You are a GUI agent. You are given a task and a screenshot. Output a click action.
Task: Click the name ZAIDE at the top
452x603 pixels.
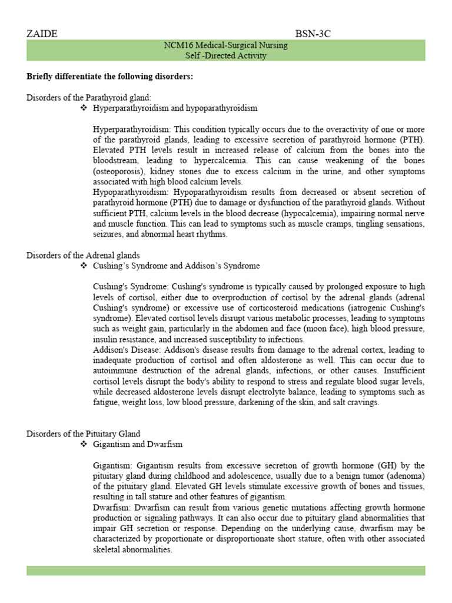point(42,34)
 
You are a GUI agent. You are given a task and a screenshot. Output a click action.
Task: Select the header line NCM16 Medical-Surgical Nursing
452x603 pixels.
point(225,45)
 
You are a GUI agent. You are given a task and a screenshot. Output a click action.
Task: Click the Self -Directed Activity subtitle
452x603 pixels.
point(225,56)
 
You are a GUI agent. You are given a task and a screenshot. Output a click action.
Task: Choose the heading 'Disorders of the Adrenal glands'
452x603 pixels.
point(83,255)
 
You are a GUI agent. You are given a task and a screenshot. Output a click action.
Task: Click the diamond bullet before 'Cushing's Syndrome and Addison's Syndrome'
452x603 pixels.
point(84,266)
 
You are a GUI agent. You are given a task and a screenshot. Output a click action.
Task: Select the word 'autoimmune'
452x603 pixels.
point(114,371)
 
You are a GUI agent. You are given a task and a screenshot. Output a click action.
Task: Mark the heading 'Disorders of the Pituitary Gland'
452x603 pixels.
point(84,434)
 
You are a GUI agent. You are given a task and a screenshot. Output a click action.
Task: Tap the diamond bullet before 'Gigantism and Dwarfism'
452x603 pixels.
point(84,445)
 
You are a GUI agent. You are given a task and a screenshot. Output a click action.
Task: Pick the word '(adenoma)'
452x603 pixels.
point(402,476)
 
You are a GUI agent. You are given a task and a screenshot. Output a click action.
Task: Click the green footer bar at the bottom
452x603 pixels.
point(225,571)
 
